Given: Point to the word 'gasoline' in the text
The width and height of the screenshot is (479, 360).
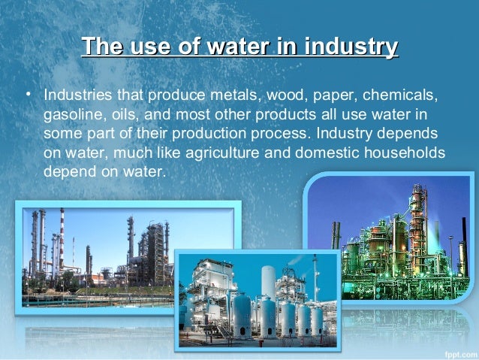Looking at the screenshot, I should coord(72,115).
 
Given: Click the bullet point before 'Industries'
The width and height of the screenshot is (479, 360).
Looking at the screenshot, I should coord(27,96).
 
